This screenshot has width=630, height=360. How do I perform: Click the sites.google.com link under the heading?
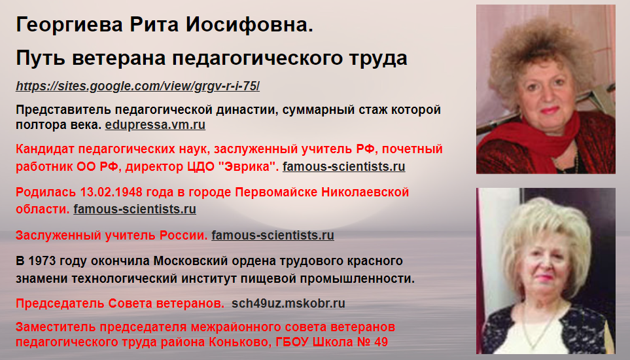(137, 86)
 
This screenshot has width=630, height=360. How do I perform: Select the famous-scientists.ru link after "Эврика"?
(343, 166)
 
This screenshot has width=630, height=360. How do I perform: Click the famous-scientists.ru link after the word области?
(135, 209)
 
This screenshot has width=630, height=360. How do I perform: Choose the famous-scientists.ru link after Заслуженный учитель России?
(272, 235)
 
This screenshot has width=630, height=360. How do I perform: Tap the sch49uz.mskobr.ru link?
(288, 303)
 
